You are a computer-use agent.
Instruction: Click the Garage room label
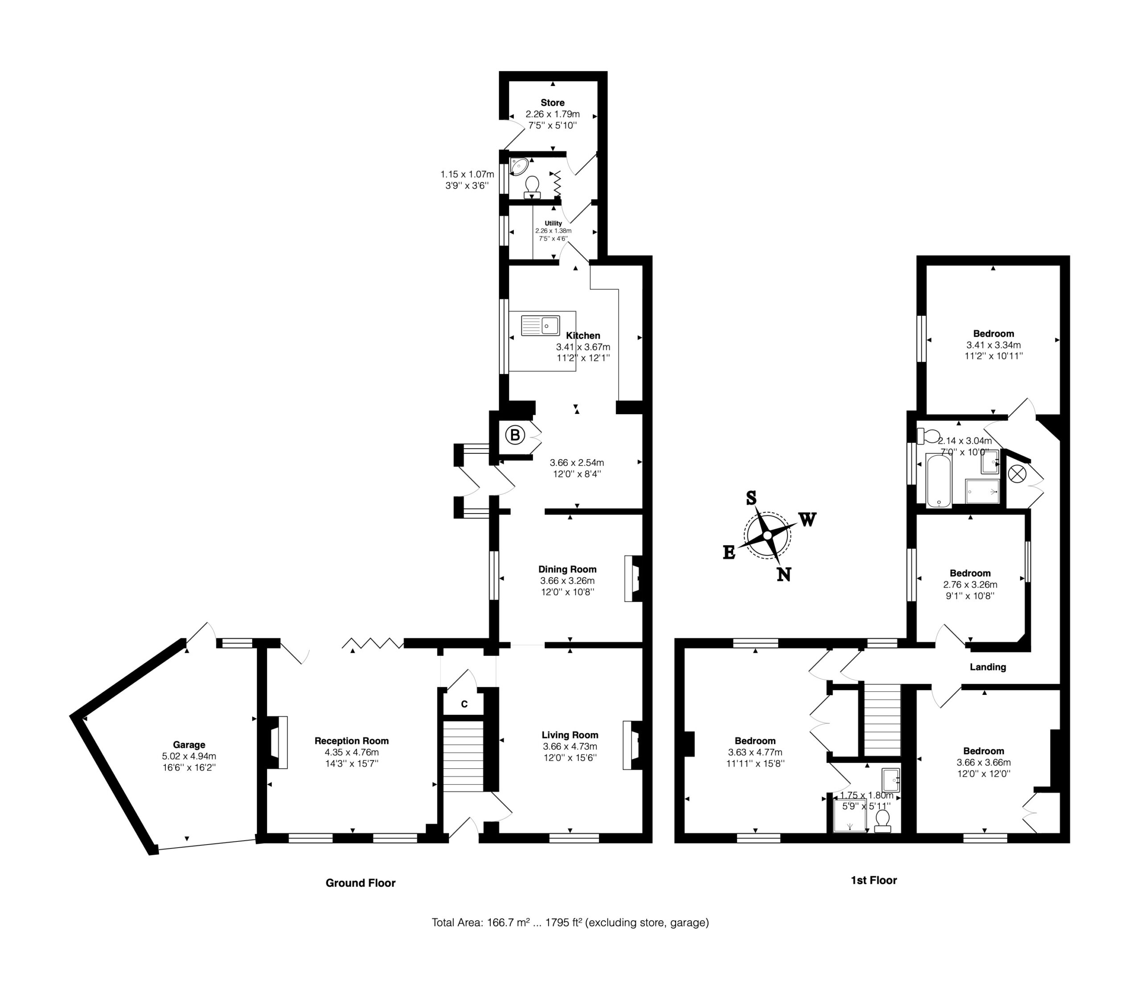point(189,745)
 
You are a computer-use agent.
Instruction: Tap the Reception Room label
point(351,741)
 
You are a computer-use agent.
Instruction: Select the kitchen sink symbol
point(540,326)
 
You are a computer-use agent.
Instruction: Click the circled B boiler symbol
point(515,435)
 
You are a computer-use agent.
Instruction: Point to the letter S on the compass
point(751,498)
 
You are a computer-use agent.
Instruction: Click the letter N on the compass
point(784,575)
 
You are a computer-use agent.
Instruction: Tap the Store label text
point(552,102)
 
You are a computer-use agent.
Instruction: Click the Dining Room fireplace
point(634,579)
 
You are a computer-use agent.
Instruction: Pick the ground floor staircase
point(463,756)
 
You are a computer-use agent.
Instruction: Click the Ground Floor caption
point(360,883)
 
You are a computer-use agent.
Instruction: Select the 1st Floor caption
point(874,880)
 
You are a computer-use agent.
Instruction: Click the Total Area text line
point(570,922)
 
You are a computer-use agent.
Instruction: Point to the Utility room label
point(553,223)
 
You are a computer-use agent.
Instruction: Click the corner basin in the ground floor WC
point(519,166)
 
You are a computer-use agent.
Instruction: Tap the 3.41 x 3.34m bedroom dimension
point(993,345)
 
